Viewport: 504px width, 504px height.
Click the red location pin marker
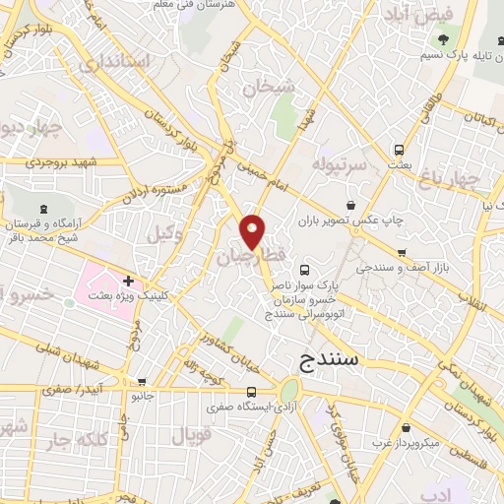[253, 231]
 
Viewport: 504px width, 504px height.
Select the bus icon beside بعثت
[399, 150]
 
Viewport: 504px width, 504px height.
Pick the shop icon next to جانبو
[144, 382]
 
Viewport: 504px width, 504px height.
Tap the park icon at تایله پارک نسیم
[445, 40]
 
